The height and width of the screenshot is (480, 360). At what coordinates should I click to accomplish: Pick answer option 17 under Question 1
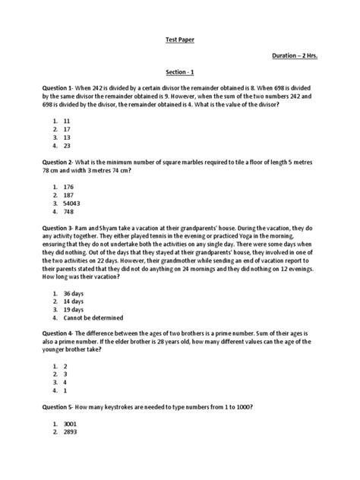[x=68, y=129]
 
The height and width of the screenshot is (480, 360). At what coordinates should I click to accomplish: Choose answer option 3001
[x=71, y=422]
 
